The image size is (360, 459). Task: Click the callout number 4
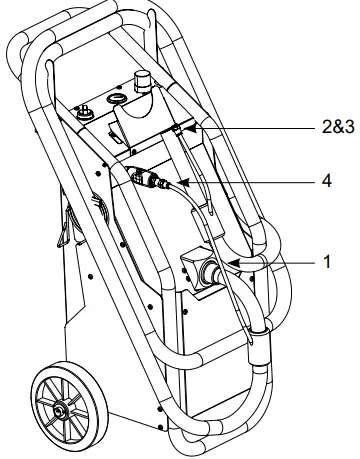(325, 183)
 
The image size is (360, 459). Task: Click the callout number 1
(327, 262)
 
